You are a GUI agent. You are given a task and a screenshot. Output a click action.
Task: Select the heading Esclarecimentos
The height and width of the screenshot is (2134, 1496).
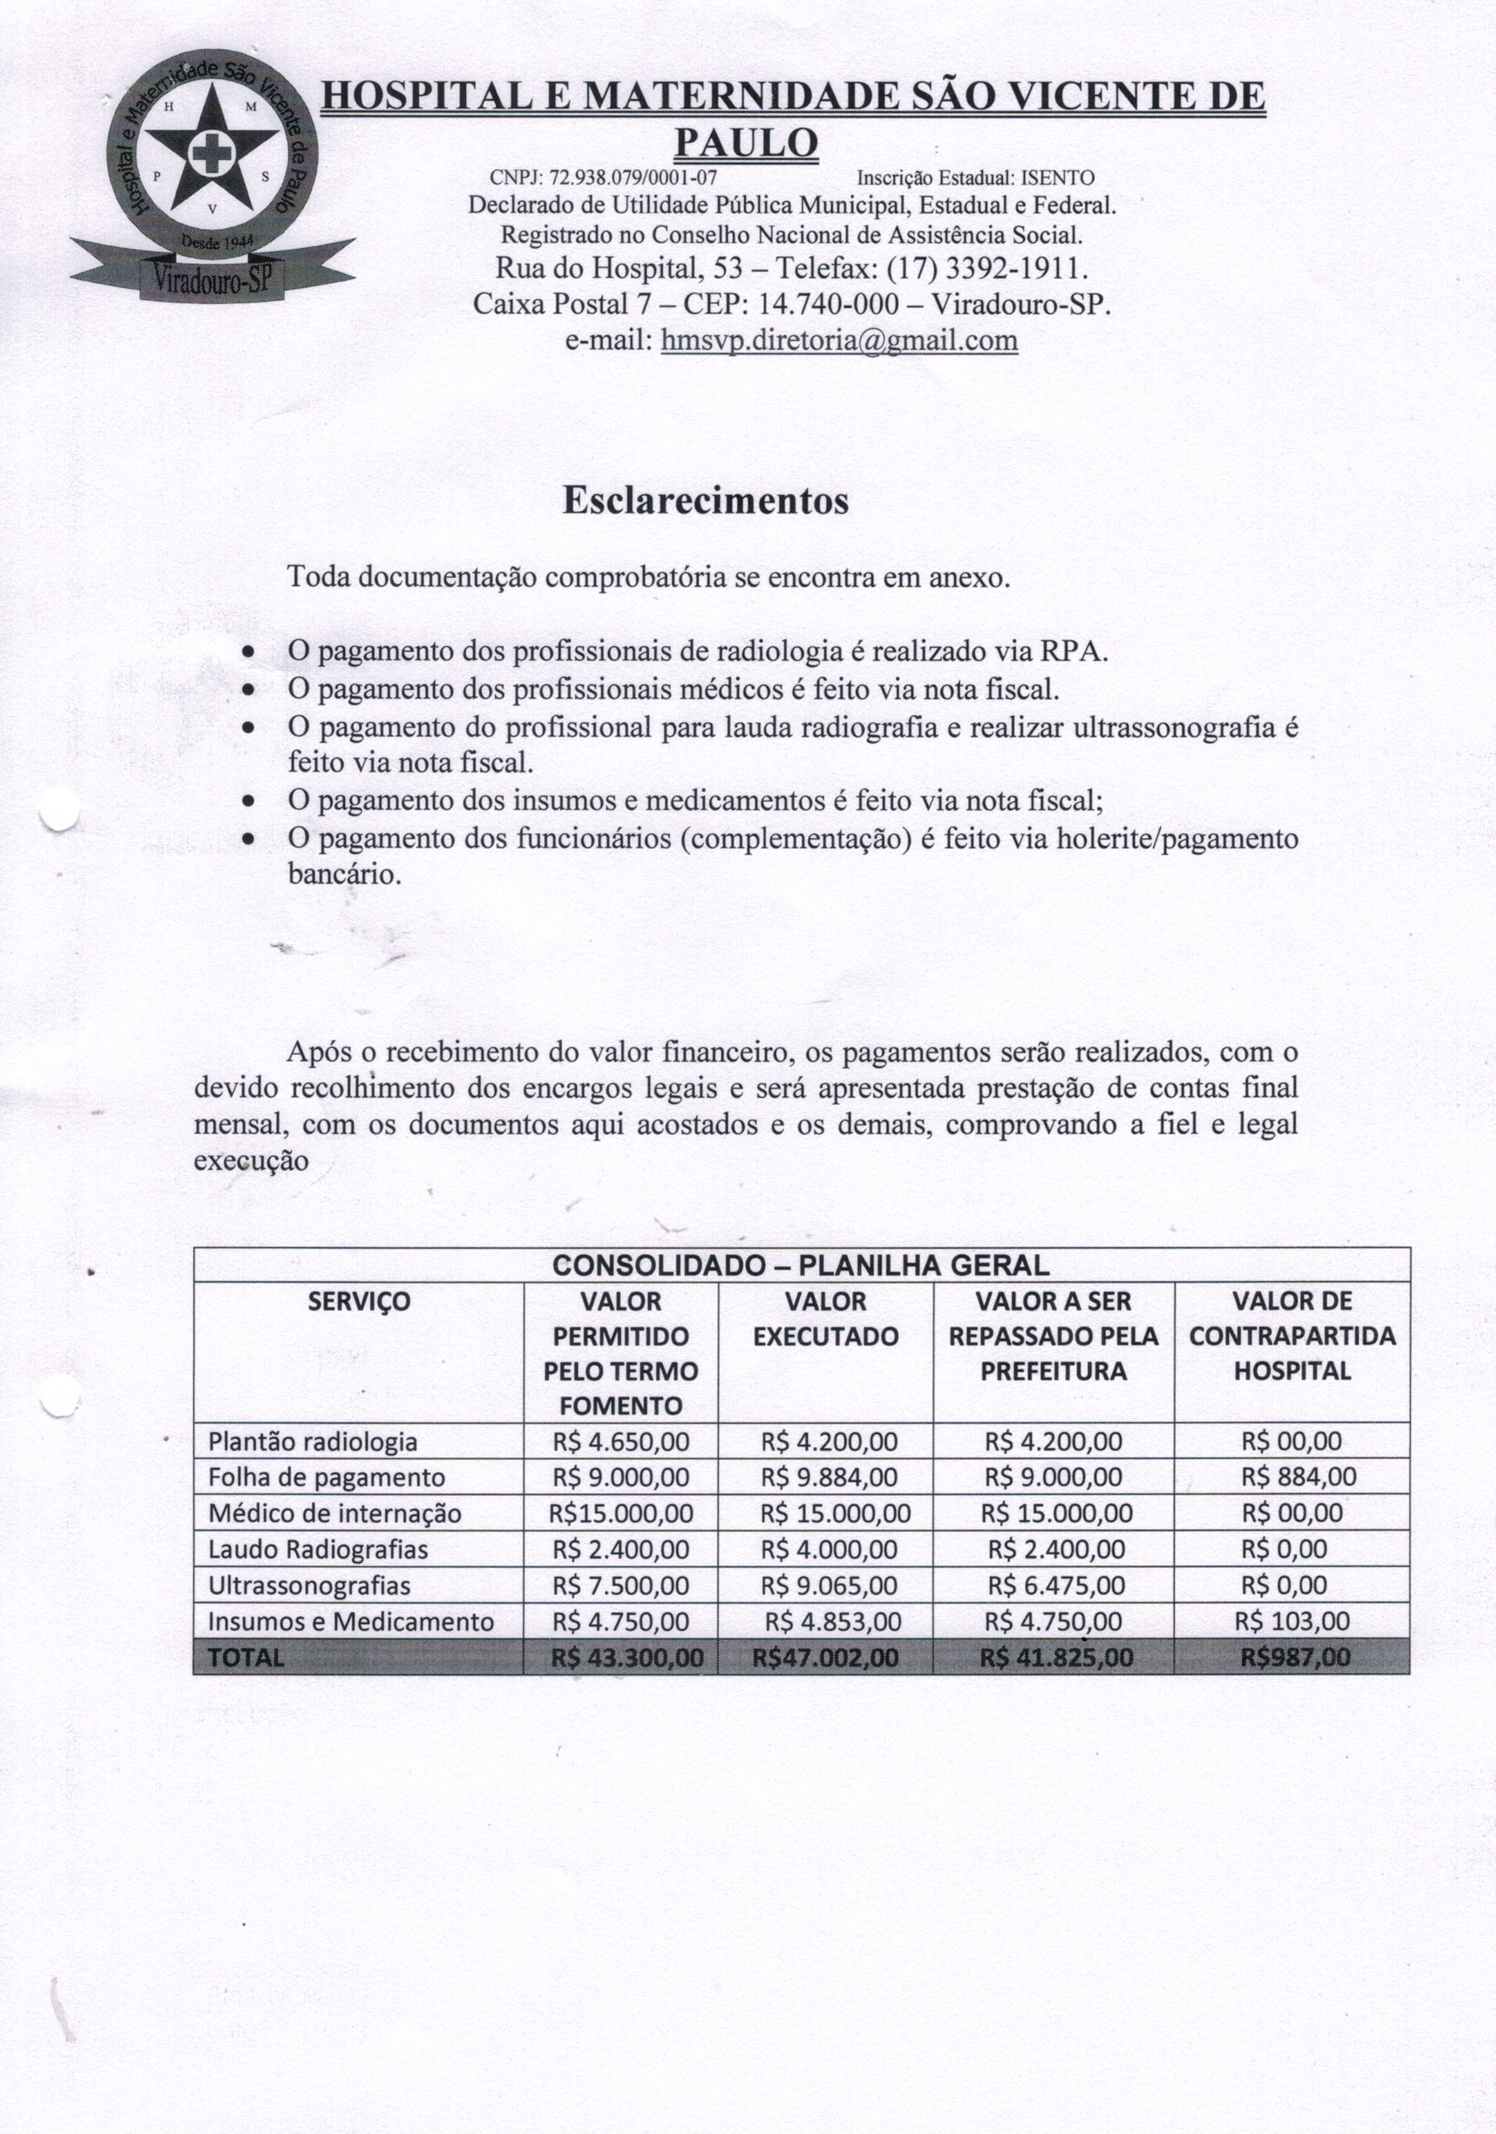tap(705, 501)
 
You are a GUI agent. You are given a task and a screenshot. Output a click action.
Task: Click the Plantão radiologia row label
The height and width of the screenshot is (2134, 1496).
tap(312, 1442)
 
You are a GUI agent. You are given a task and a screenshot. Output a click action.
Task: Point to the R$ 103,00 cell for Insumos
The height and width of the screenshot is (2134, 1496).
tap(1292, 1622)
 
